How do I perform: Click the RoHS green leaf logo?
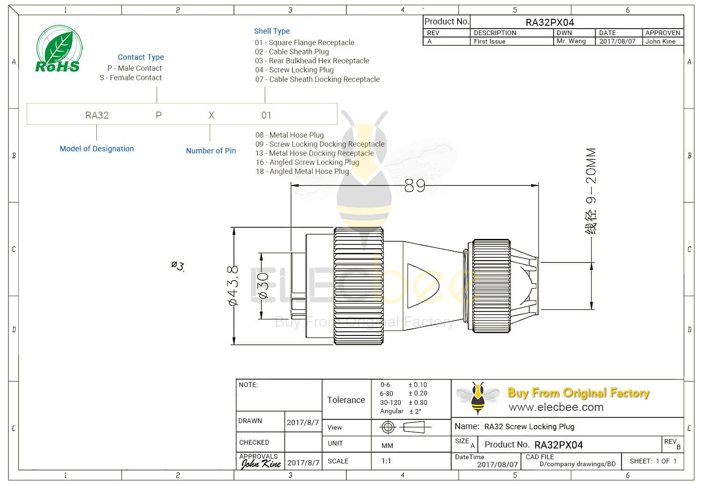tap(58, 49)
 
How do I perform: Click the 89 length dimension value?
tap(415, 186)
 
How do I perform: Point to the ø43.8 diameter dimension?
tap(233, 286)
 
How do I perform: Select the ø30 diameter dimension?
tap(263, 286)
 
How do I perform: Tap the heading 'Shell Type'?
tap(272, 31)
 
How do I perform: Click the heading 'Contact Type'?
tap(141, 57)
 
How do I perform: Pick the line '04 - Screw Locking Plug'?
tap(294, 70)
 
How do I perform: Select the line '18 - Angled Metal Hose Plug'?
tap(302, 171)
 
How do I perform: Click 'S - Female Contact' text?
tap(131, 78)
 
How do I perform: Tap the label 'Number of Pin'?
tap(211, 151)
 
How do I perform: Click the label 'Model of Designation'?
tap(97, 149)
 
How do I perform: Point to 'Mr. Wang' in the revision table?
tap(571, 41)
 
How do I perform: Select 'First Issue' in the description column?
tap(490, 41)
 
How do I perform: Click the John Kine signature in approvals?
tap(261, 464)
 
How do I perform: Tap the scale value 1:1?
tap(386, 461)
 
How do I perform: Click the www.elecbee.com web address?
tap(556, 407)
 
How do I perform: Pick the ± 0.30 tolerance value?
tap(418, 402)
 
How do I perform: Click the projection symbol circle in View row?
tap(388, 427)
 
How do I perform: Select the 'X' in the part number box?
tap(212, 115)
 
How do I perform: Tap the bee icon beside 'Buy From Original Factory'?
tap(477, 397)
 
